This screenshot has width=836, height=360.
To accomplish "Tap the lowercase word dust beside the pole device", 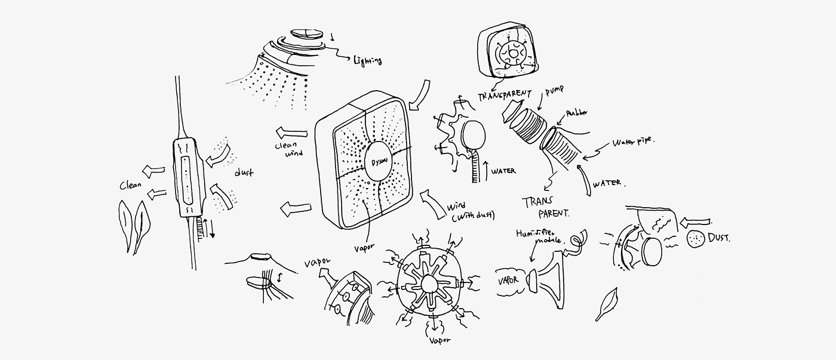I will coord(243,173).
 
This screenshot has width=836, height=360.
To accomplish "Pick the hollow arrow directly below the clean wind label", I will coord(296,208).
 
